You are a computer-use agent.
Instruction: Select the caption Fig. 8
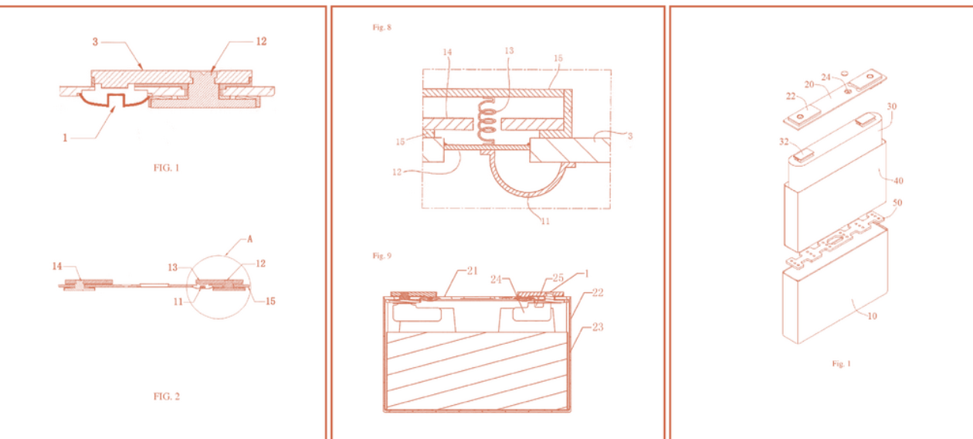click(x=381, y=27)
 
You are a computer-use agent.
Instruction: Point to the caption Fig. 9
click(x=381, y=256)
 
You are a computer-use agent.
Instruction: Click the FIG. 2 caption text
click(x=166, y=396)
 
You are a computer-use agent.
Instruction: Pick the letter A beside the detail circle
click(x=249, y=239)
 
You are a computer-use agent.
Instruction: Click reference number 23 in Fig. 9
click(x=598, y=327)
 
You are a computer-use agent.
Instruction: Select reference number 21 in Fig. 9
click(x=472, y=271)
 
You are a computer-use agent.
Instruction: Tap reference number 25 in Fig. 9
click(x=558, y=277)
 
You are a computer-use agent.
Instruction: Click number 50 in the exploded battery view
click(x=897, y=202)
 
